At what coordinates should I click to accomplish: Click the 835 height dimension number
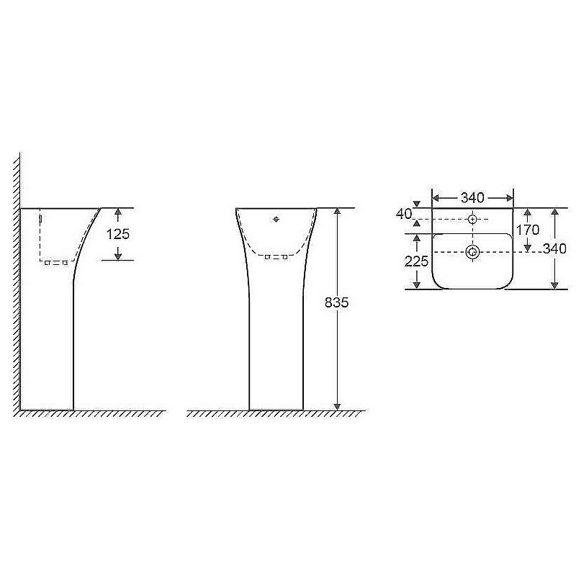tap(336, 302)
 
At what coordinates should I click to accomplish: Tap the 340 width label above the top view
tap(472, 197)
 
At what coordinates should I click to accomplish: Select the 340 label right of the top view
tap(555, 249)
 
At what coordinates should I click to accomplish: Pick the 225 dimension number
tap(416, 261)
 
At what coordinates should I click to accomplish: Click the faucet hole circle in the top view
tap(472, 218)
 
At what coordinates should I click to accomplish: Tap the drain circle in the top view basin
tap(472, 251)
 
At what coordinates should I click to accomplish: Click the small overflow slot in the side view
tap(41, 217)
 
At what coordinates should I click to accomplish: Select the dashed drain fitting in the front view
tap(276, 256)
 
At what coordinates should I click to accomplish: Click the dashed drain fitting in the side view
tap(55, 263)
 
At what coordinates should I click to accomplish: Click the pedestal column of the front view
tap(276, 346)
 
